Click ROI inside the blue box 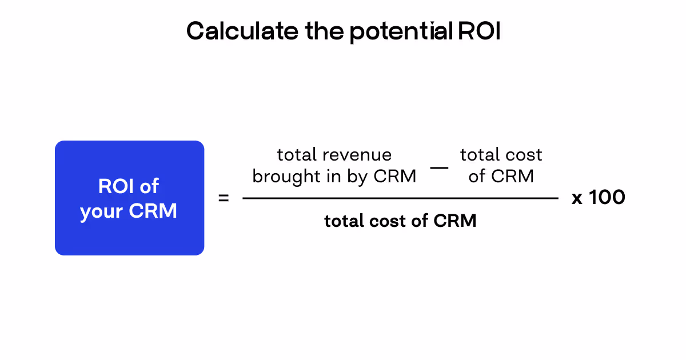(115, 186)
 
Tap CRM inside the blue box (153, 211)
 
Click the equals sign (224, 198)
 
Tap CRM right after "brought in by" (395, 177)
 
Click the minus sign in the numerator (439, 167)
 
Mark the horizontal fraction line (400, 198)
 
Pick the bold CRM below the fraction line (455, 221)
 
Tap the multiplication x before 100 (577, 198)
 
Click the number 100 (607, 198)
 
